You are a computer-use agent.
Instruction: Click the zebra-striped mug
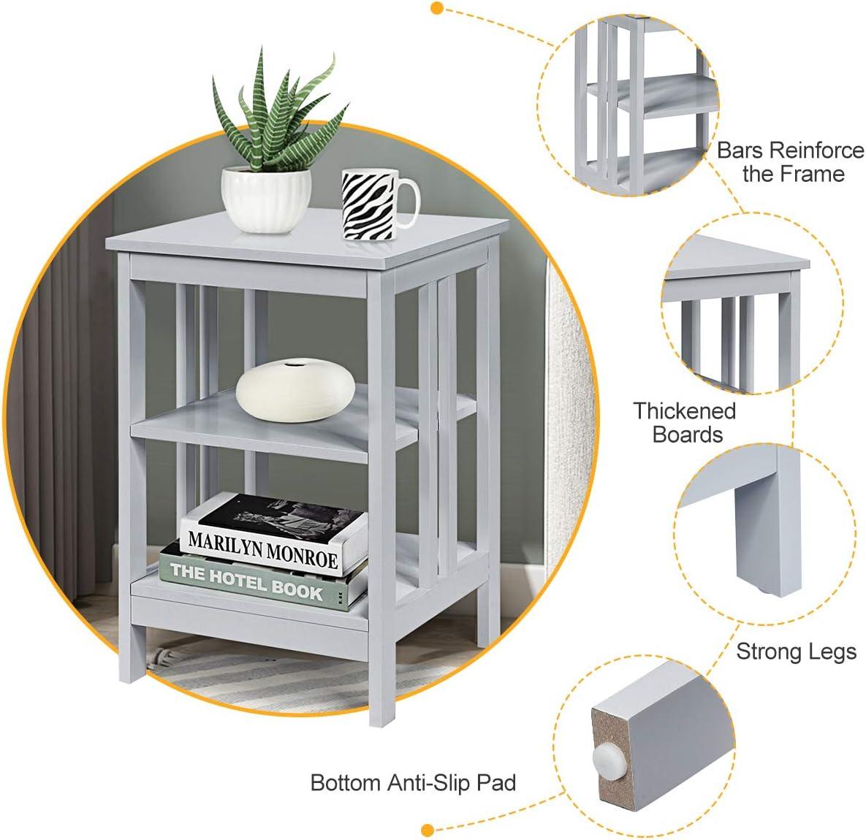point(369,205)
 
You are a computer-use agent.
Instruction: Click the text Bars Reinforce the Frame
point(790,162)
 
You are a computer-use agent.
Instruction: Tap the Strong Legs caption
point(795,651)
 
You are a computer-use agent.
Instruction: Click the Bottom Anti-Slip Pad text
point(413,783)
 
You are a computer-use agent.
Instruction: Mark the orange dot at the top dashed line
point(437,9)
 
